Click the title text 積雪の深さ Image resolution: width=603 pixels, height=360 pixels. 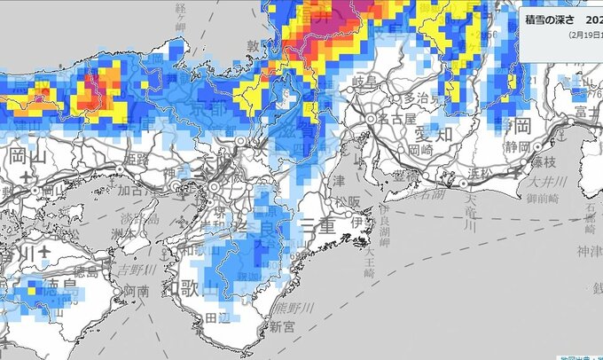[x=551, y=20]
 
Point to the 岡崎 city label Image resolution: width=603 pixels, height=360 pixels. [x=420, y=151]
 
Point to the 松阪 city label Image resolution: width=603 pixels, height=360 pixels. [x=347, y=200]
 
